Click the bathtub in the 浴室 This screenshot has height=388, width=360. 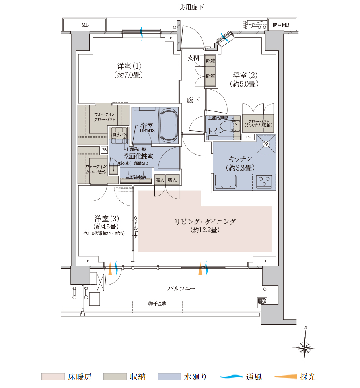pos(169,125)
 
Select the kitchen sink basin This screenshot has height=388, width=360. pos(225,182)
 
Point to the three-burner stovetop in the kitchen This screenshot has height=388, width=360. pos(264,182)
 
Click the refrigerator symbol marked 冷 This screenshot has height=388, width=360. pos(266,144)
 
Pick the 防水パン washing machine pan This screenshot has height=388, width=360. pos(119,135)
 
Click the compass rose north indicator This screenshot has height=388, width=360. pos(305,346)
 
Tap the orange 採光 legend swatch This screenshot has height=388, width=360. pos(285,376)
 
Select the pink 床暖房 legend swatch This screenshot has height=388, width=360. pos(53,376)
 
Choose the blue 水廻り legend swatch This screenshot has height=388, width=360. pos(169,376)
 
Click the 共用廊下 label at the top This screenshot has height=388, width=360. pos(191,7)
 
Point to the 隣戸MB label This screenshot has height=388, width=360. pos(281,25)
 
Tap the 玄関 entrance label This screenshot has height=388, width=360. pos(193,58)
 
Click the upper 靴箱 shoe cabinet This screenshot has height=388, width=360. pos(210,61)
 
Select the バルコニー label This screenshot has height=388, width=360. pos(181,288)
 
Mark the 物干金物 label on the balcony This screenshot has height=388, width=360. pos(157,303)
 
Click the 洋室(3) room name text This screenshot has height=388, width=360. pos(107,219)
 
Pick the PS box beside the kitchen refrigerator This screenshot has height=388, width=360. pos(248,137)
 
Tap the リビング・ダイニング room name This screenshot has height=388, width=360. pos(205,221)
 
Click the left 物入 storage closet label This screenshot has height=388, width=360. pos(160,180)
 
